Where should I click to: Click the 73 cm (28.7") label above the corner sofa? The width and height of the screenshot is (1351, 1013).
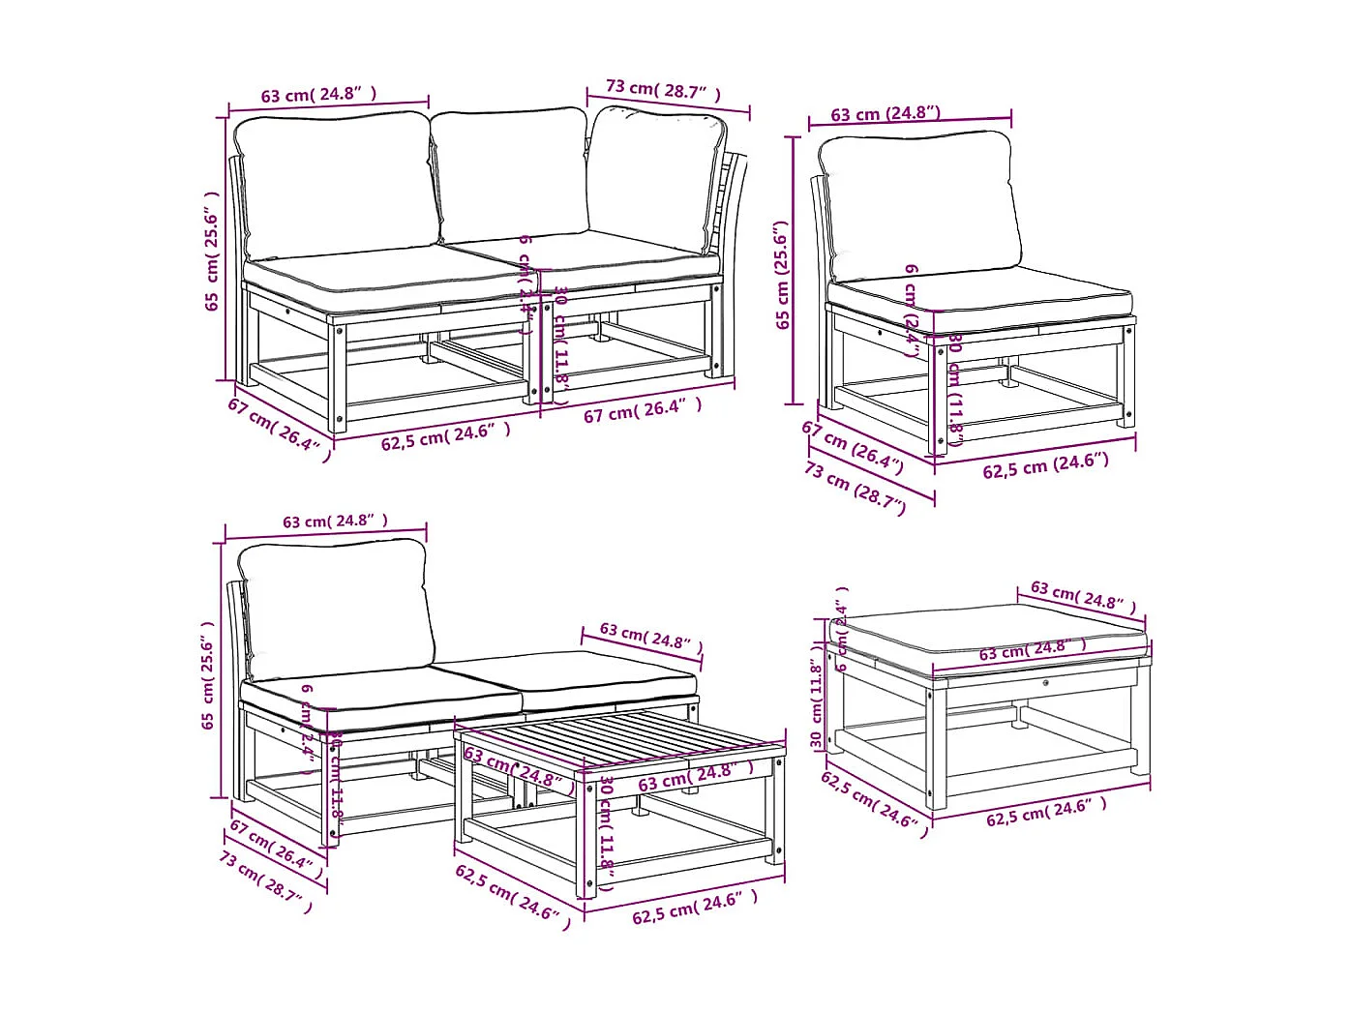(664, 90)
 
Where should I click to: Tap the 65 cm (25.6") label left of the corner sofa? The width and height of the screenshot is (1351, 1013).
(212, 252)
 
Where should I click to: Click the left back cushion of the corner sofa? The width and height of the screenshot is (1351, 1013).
(336, 184)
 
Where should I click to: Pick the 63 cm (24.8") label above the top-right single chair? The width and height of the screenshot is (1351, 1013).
(886, 113)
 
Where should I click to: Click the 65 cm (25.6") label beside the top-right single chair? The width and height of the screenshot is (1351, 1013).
(783, 275)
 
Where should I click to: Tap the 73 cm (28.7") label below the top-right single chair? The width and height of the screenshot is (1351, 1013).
(855, 487)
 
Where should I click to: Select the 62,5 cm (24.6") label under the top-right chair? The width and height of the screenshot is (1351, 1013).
(1045, 465)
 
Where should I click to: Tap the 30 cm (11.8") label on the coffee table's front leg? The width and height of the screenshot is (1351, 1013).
(607, 832)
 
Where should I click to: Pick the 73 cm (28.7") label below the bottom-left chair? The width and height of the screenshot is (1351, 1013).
(265, 881)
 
